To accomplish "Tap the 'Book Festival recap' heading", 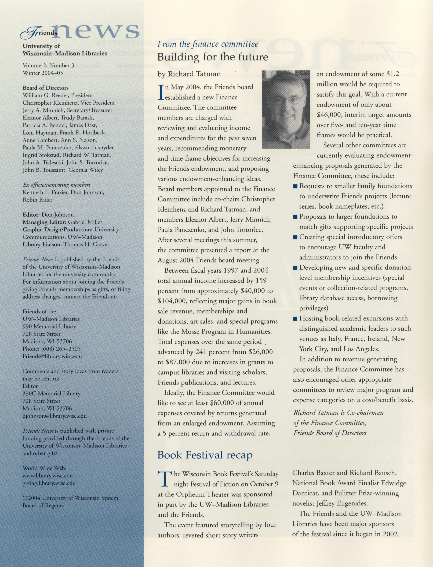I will pyautogui.click(x=205, y=455).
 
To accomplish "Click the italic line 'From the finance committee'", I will pyautogui.click(x=208, y=44).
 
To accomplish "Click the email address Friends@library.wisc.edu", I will pyautogui.click(x=52, y=356).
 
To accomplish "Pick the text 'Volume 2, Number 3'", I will pyautogui.click(x=48, y=66).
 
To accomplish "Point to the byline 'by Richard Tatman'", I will pyautogui.click(x=189, y=74).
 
